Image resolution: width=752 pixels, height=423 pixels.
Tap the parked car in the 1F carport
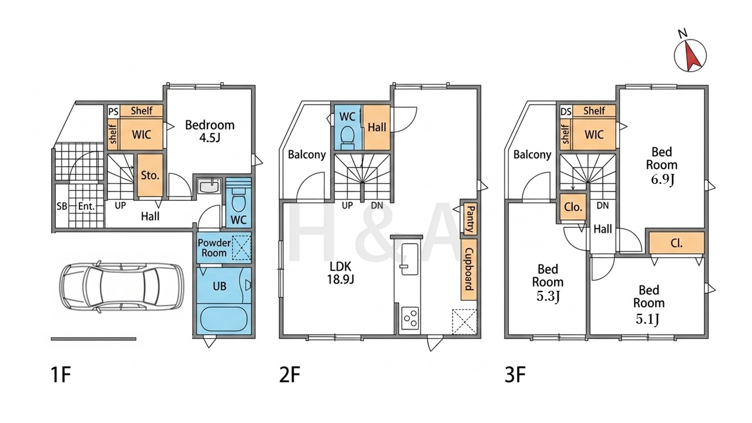point(122,287)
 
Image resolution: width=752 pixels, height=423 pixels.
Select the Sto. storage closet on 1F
point(150,176)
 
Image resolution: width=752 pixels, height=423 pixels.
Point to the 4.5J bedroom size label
point(210,137)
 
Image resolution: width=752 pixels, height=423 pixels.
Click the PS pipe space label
point(114,111)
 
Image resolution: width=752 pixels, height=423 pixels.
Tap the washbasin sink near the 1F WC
point(209,186)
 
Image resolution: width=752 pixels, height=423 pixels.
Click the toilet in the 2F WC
point(347,137)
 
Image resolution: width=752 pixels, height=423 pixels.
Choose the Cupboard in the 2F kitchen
point(469,269)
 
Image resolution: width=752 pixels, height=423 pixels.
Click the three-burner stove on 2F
point(410,318)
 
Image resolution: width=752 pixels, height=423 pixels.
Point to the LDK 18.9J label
point(340,273)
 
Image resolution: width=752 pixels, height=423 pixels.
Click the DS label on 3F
point(566,111)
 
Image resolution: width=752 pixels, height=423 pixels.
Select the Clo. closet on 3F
point(573,207)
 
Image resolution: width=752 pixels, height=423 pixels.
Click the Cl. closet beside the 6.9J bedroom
point(676,243)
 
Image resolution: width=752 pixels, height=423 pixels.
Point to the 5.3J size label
point(548,296)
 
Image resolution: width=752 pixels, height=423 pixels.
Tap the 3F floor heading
point(515,375)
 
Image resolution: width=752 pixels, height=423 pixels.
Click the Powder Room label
point(214,248)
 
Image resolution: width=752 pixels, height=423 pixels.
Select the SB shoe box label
point(62,206)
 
